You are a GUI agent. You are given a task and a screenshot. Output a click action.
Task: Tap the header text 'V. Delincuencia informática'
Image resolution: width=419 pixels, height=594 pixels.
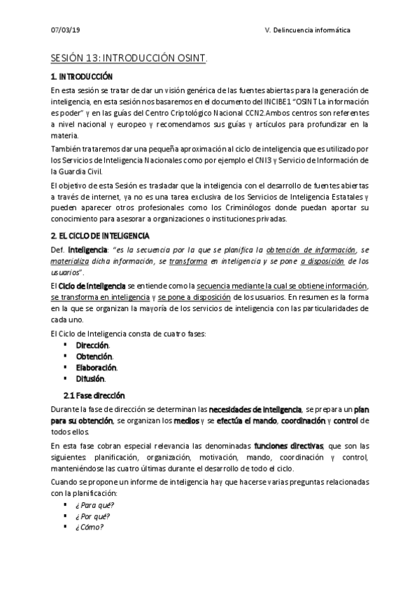[x=308, y=32]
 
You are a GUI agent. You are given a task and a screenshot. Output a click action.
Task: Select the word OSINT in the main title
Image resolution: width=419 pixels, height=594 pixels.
[x=190, y=59]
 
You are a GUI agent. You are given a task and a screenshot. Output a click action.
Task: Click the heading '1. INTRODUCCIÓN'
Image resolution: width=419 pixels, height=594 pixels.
[x=82, y=76]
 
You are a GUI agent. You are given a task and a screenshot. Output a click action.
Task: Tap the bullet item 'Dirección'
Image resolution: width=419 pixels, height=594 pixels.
[x=92, y=345]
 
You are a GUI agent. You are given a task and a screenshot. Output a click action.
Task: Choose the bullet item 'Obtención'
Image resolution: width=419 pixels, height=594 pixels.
[x=94, y=357]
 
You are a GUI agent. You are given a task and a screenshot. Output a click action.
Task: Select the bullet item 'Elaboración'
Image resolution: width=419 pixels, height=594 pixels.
[x=97, y=368]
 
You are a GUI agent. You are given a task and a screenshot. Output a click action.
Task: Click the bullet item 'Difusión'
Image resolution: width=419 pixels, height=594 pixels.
[x=90, y=379]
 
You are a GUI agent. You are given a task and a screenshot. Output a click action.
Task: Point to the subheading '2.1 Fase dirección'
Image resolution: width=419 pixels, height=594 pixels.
[x=94, y=395]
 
